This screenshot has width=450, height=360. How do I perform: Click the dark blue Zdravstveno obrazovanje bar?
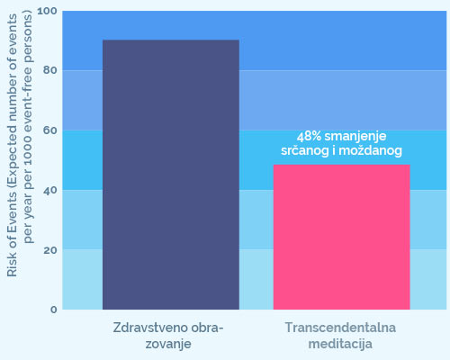point(171,175)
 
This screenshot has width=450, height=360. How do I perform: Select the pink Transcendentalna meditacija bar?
point(341,237)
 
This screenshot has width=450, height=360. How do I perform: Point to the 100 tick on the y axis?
point(47,11)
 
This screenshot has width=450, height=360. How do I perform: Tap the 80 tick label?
point(49,70)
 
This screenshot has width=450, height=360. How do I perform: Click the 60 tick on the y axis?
point(49,130)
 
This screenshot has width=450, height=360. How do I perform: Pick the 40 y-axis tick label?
point(49,190)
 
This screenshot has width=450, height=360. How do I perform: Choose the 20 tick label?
point(49,250)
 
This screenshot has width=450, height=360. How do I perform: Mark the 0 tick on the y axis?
point(54,310)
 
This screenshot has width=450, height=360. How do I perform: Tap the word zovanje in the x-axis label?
point(168,344)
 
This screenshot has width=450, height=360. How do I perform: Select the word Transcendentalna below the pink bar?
point(340,328)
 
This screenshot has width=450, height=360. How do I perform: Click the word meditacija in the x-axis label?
point(340,344)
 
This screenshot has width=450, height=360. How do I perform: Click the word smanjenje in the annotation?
point(355,137)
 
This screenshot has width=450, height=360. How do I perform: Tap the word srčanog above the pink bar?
point(305,151)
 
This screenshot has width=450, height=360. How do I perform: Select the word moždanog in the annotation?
point(370,151)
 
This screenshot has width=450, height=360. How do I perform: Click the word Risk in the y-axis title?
point(12,266)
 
